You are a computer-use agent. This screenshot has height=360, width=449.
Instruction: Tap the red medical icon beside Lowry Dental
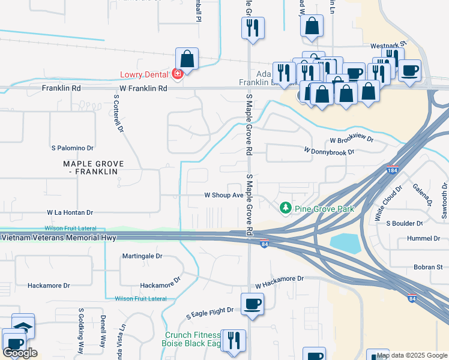pyautogui.click(x=177, y=74)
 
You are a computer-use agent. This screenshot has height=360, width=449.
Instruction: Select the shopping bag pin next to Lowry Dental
pyautogui.click(x=187, y=59)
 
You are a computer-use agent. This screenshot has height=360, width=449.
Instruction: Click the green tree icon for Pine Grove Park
pyautogui.click(x=286, y=208)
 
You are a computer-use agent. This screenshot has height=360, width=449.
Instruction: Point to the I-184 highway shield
pyautogui.click(x=393, y=170)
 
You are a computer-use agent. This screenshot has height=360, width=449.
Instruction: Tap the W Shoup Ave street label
pyautogui.click(x=223, y=195)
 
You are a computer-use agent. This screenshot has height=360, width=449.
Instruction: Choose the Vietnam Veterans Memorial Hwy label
pyautogui.click(x=58, y=238)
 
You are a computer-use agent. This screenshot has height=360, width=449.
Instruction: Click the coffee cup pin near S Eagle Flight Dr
pyautogui.click(x=252, y=304)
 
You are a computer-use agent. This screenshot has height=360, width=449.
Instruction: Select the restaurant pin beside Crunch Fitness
pyautogui.click(x=233, y=340)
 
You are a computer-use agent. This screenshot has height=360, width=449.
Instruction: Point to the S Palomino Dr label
pyautogui.click(x=73, y=148)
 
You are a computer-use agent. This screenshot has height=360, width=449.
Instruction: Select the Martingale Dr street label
pyautogui.click(x=142, y=256)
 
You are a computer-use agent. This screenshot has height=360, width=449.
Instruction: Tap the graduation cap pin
pyautogui.click(x=23, y=326)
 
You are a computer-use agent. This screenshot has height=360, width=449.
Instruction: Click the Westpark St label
pyautogui.click(x=388, y=44)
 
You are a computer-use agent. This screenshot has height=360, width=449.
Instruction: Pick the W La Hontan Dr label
pyautogui.click(x=70, y=212)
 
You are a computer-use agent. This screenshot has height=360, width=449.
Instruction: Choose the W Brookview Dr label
pyautogui.click(x=351, y=140)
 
